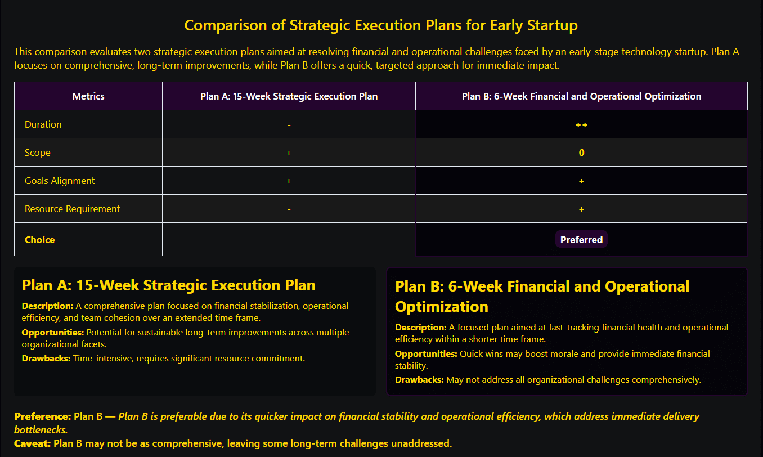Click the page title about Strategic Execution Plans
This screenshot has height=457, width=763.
tap(381, 25)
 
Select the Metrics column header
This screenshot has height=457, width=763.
tap(88, 96)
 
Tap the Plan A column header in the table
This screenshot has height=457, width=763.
tap(289, 96)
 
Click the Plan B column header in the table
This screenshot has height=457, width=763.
tap(581, 96)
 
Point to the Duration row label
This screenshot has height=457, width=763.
tap(43, 124)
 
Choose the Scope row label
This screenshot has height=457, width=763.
tap(38, 153)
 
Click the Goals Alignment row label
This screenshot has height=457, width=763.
tap(60, 181)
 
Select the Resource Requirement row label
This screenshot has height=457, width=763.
tap(72, 209)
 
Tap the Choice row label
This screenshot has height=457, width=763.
tap(39, 240)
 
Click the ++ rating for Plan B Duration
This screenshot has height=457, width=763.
tap(581, 125)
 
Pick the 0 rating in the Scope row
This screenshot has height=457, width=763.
tap(581, 153)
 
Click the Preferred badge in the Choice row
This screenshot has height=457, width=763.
tap(581, 240)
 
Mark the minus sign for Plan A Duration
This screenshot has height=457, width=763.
tap(289, 125)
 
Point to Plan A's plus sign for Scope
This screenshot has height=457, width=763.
tap(289, 153)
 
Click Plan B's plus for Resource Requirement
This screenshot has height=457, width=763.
tap(581, 209)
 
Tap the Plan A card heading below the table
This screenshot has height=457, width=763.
tap(169, 285)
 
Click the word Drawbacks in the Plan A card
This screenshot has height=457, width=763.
tap(46, 359)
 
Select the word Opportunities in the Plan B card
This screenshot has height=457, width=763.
tap(426, 354)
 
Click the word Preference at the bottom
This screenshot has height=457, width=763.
tap(42, 416)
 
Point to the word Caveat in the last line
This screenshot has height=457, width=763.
tap(33, 443)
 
